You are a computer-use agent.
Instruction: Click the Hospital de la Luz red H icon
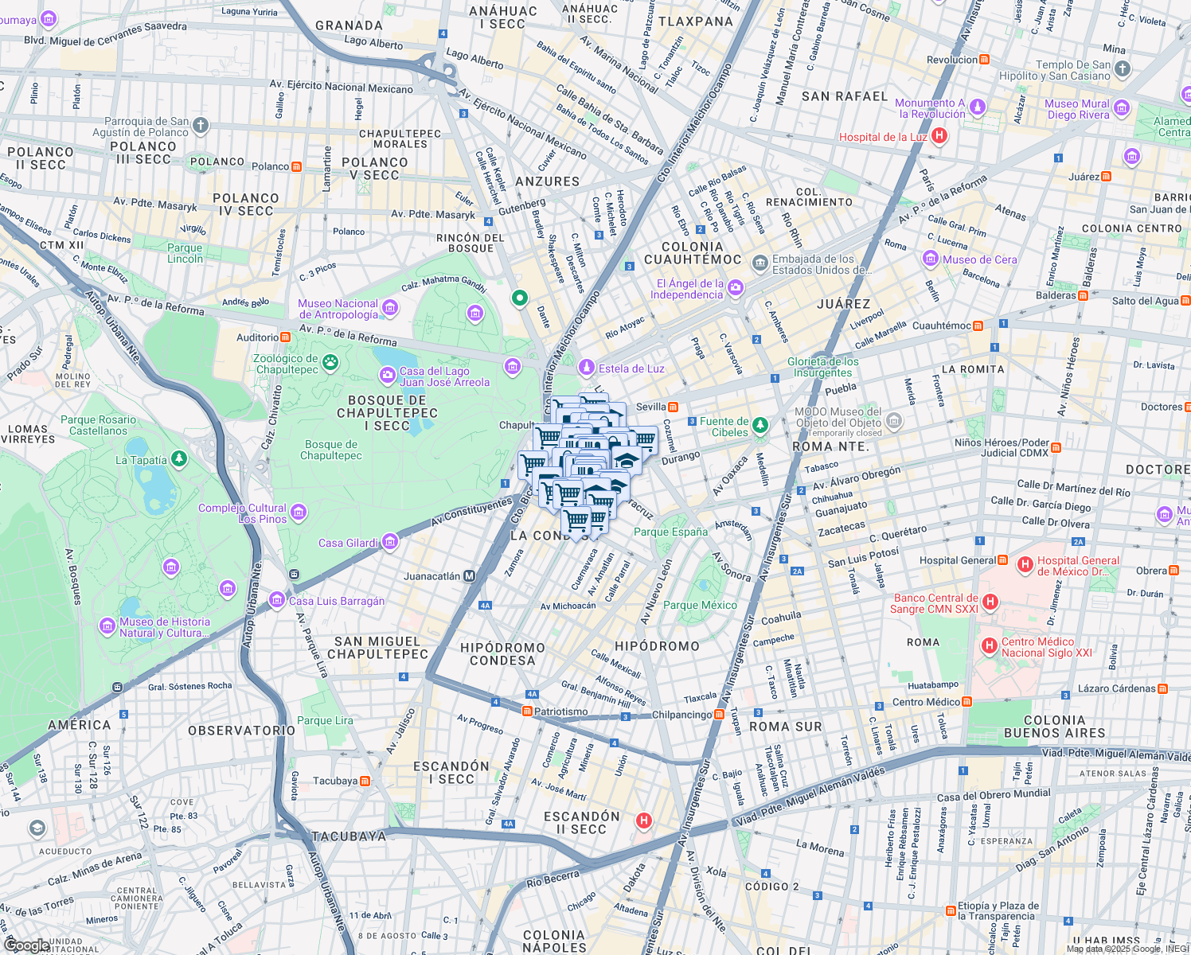click(x=939, y=136)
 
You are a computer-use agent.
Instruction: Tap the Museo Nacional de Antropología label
click(x=338, y=309)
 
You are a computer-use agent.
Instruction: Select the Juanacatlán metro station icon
click(x=470, y=576)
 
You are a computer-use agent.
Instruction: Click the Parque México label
click(x=700, y=605)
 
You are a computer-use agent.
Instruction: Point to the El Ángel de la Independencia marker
click(x=736, y=287)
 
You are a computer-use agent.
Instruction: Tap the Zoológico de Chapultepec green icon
click(x=330, y=364)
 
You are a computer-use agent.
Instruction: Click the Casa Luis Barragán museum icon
click(x=277, y=600)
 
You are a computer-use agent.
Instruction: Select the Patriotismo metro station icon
click(x=527, y=711)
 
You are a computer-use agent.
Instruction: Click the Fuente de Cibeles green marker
click(x=760, y=426)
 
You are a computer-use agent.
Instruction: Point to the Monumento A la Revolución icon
click(x=978, y=107)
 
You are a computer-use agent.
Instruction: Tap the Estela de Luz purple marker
click(x=587, y=368)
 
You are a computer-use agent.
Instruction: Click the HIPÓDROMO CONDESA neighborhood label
click(x=502, y=653)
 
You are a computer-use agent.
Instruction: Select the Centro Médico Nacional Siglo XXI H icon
click(x=990, y=646)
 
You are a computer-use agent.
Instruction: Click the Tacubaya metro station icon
click(x=365, y=781)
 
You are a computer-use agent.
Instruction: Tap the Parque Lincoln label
click(x=185, y=253)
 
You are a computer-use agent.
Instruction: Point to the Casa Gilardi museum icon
click(x=390, y=543)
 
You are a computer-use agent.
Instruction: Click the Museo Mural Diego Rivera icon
click(x=1122, y=108)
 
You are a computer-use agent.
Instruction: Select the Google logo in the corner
click(x=25, y=945)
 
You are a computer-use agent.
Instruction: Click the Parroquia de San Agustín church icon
click(x=201, y=125)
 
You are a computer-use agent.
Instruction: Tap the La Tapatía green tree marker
click(x=179, y=459)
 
